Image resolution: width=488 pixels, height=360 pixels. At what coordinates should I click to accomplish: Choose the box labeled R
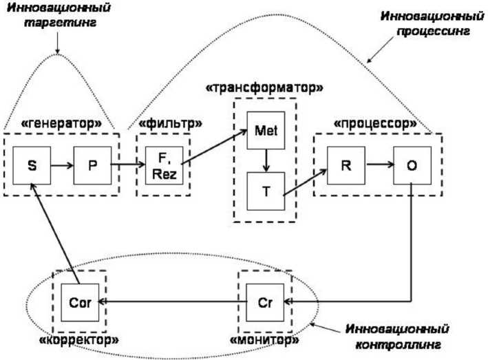click(346, 165)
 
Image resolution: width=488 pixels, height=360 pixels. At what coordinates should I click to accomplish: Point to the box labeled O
click(411, 165)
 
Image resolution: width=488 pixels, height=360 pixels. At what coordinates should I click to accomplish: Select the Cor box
click(79, 302)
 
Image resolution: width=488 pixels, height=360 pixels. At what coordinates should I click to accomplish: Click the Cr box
click(265, 302)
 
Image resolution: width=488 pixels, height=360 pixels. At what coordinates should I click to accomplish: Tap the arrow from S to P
click(61, 166)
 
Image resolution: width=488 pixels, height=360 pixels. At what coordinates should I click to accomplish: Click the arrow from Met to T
click(265, 159)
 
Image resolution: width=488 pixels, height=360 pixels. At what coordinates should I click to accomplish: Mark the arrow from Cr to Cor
click(172, 302)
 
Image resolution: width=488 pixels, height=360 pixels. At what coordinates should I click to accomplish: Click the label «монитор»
click(266, 340)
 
